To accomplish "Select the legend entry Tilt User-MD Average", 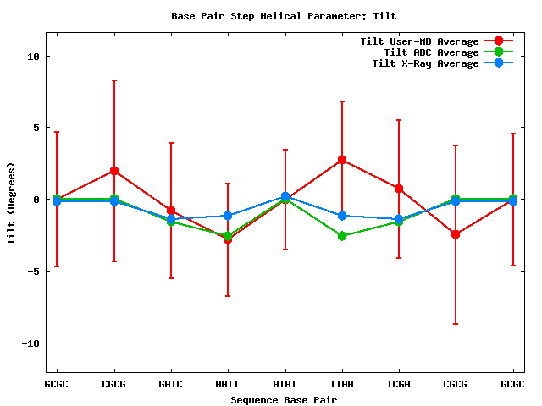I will click(x=419, y=41).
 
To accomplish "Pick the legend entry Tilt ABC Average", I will click(x=425, y=52).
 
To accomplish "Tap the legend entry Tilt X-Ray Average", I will click(x=425, y=63).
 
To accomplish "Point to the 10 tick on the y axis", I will click(x=35, y=57).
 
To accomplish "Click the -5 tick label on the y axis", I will click(x=35, y=272).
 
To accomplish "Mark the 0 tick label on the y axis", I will click(x=37, y=200).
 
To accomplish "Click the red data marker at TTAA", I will click(x=342, y=160).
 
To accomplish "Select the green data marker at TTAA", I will click(x=342, y=236).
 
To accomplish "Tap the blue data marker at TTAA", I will click(x=342, y=216).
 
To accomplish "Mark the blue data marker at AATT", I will click(x=228, y=216).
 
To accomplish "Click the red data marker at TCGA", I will click(x=399, y=189).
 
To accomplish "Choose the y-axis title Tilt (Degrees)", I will click(x=12, y=203).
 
